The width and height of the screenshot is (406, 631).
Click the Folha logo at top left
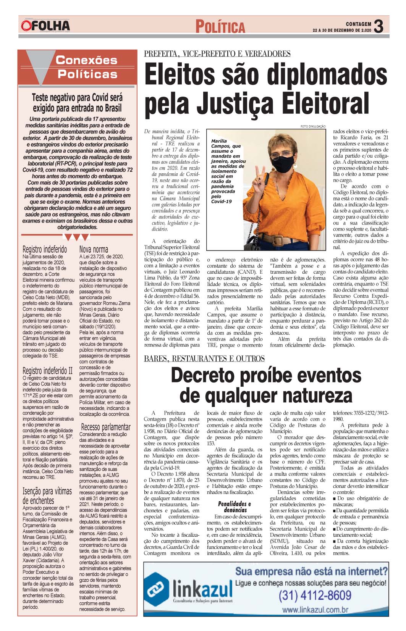click(x=45, y=26)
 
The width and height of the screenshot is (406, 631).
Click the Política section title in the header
click(x=220, y=27)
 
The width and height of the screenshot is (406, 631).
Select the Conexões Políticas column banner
click(x=78, y=67)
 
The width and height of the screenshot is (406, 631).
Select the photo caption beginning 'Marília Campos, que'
click(x=228, y=171)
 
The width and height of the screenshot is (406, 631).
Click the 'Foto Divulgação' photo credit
click(x=313, y=126)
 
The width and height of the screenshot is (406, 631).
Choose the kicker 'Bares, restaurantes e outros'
click(x=204, y=358)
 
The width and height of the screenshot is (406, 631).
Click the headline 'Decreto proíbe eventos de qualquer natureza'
click(x=266, y=385)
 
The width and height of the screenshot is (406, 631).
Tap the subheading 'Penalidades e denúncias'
click(x=235, y=507)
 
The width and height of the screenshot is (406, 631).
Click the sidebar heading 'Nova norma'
click(x=94, y=250)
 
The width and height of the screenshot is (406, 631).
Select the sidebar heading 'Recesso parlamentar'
click(x=105, y=427)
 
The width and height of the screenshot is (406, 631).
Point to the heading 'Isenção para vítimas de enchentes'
click(x=47, y=495)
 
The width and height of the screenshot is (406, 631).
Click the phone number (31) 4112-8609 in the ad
click(x=315, y=595)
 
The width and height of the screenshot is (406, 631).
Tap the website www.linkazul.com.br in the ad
click(x=315, y=610)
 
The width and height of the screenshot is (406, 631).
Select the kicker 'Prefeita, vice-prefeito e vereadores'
click(x=217, y=54)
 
